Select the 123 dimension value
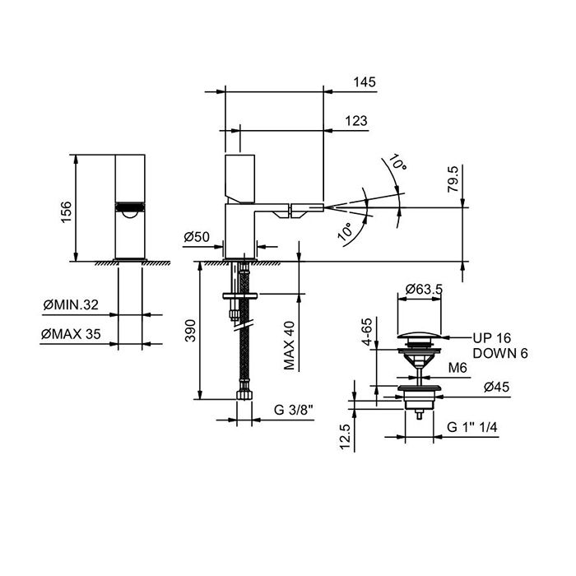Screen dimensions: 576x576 [356, 121]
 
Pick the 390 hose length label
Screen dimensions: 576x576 [190, 329]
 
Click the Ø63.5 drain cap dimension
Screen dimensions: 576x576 [425, 290]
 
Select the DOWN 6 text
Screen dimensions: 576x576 [500, 352]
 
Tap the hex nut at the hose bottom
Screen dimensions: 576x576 [242, 397]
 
